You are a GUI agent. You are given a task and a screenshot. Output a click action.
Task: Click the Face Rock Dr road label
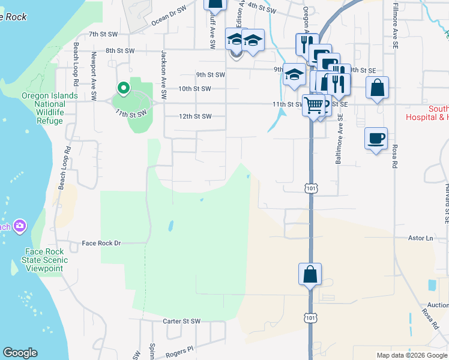click(101, 243)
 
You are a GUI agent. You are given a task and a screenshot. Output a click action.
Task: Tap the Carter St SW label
click(182, 322)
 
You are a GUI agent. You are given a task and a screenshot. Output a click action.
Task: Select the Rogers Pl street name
click(179, 349)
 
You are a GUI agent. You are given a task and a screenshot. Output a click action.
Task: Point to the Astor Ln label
click(421, 238)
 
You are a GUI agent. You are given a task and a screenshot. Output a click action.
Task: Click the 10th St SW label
click(195, 89)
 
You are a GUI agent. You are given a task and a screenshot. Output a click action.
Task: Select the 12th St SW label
click(196, 116)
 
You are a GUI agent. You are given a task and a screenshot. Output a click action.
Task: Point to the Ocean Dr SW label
click(169, 16)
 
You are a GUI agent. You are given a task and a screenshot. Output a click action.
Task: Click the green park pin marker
click(124, 89)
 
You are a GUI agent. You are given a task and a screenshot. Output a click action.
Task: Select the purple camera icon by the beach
click(20, 226)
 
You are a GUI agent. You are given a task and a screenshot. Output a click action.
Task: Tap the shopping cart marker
click(314, 106)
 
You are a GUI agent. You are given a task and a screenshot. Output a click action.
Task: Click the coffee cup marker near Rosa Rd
click(376, 139)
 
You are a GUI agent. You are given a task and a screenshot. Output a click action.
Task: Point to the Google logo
click(20, 353)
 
